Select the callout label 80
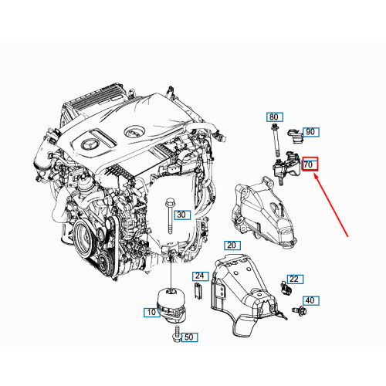coord(274,117)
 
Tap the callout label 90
coord(310,132)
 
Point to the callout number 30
coord(181,215)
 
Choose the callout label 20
coord(231,244)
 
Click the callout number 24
coord(199,276)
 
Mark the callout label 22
coord(293,279)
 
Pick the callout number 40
coord(310,300)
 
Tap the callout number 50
coord(190,337)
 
